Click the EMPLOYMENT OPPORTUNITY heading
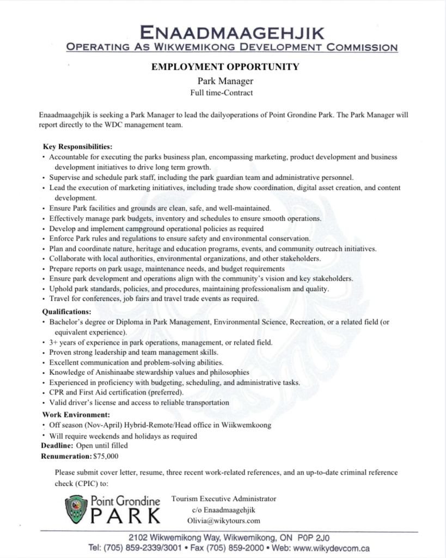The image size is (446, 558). (223, 67)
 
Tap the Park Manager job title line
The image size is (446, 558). (223, 82)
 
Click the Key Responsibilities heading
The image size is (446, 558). (77, 147)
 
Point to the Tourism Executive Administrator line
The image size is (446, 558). (223, 499)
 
